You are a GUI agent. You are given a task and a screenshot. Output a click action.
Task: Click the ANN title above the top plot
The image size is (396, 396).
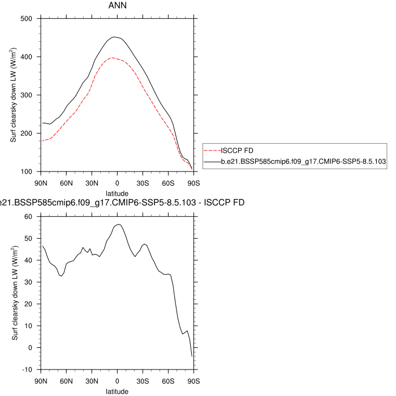pyautogui.click(x=117, y=6)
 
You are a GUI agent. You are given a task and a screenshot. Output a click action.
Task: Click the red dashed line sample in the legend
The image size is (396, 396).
pyautogui.click(x=212, y=151)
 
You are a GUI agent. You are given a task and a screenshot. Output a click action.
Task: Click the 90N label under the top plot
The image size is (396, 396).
pyautogui.click(x=41, y=182)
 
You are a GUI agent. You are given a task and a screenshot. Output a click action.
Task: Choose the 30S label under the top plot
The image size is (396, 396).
pyautogui.click(x=143, y=182)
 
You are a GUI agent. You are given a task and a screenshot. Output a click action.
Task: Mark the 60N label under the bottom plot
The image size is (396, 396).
pyautogui.click(x=66, y=380)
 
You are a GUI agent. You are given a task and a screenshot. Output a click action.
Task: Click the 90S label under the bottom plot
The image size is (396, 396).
pyautogui.click(x=193, y=380)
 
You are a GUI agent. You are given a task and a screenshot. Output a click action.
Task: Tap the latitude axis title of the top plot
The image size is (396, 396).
pyautogui.click(x=117, y=193)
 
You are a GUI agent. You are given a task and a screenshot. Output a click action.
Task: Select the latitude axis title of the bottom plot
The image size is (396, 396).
pyautogui.click(x=117, y=391)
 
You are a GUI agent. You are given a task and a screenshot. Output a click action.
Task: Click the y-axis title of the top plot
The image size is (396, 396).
pyautogui.click(x=14, y=95)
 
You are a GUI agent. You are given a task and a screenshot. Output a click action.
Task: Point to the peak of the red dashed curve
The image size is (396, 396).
pyautogui.click(x=113, y=58)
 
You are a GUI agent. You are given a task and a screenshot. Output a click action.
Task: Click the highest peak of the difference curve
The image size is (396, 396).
pyautogui.click(x=118, y=225)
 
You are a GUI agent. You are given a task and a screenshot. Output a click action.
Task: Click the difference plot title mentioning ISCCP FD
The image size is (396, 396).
pyautogui.click(x=122, y=202)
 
